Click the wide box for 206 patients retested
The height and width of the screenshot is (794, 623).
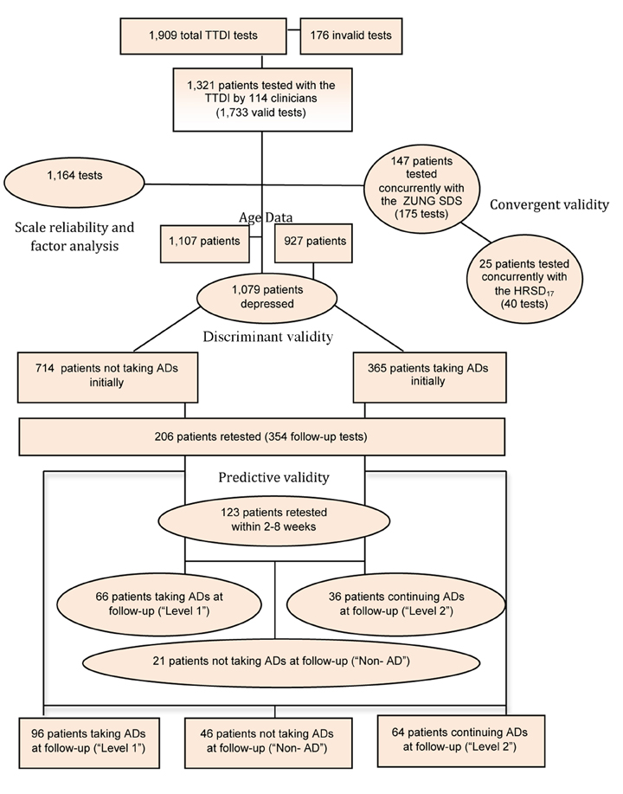click(262, 436)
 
